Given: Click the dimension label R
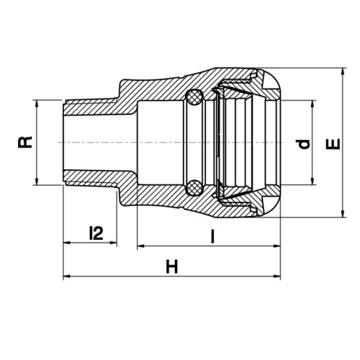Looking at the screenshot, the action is (25, 142).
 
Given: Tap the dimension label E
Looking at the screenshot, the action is (333, 144).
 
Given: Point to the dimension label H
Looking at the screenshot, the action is (172, 267).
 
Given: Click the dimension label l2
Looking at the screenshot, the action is (96, 233).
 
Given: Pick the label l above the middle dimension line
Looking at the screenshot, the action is (212, 236).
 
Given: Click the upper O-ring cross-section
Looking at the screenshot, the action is (194, 97).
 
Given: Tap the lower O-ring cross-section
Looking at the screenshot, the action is (194, 187).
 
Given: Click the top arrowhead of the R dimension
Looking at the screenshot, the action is (37, 104).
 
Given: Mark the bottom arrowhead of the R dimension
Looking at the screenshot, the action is (37, 181).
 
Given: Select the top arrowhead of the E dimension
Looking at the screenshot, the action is (343, 72).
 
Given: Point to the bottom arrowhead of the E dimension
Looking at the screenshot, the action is (343, 214).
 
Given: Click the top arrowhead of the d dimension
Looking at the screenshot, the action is (312, 104).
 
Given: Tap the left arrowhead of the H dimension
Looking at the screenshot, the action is (67, 276).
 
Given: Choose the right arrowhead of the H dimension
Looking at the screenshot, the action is (276, 276).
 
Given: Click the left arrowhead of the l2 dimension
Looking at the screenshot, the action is (67, 243).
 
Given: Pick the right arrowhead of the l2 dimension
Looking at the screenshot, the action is (113, 243).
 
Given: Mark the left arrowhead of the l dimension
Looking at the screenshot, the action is (141, 246).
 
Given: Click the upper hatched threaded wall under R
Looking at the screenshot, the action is (91, 107).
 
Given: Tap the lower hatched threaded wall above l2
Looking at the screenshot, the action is (91, 178).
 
